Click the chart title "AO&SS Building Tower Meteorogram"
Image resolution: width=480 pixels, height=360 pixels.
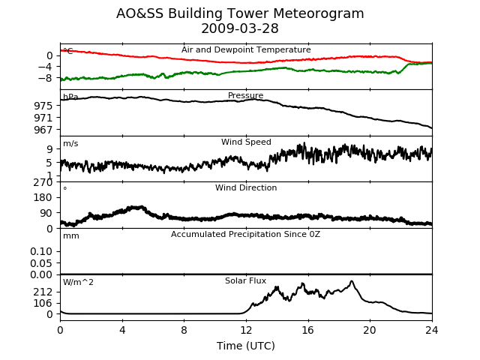click(240, 13)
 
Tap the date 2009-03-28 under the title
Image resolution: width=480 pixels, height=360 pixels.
click(240, 28)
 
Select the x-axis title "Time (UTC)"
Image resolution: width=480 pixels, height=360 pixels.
click(246, 346)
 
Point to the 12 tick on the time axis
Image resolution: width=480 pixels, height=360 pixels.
click(246, 330)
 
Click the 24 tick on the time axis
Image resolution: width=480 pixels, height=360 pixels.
click(432, 330)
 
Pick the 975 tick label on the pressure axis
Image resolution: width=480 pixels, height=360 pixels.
click(43, 106)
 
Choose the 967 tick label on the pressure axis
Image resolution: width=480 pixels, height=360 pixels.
click(43, 130)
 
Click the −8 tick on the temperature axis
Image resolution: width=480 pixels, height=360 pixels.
click(45, 78)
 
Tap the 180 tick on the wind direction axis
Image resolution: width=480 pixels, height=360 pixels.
click(43, 197)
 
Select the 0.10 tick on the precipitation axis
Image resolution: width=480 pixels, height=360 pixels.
click(41, 252)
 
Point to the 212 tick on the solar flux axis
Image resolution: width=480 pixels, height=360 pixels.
click(43, 292)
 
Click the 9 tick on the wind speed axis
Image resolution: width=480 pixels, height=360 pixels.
click(49, 149)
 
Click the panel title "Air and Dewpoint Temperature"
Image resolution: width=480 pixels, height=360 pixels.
click(246, 49)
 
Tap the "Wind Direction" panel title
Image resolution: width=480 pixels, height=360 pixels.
click(246, 187)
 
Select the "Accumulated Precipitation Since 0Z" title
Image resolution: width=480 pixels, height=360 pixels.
click(245, 234)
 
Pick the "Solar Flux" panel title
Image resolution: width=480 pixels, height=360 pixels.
click(245, 280)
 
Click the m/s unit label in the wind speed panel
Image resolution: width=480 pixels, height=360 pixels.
click(70, 143)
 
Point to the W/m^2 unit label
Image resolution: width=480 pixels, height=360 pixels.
click(78, 282)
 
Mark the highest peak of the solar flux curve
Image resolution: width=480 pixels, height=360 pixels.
click(352, 281)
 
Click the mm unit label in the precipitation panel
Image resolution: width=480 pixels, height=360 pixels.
click(71, 236)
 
